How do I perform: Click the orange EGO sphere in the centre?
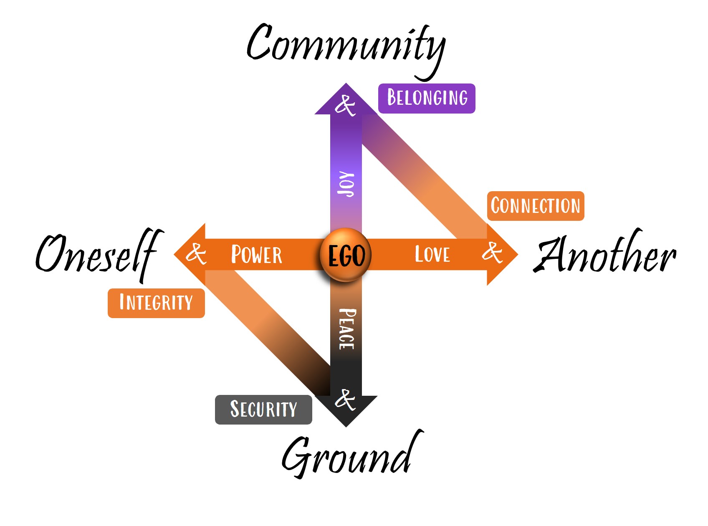(346, 255)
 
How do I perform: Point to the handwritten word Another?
(605, 255)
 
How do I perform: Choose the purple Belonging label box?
(427, 98)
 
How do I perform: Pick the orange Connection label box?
(535, 206)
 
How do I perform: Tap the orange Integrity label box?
(156, 303)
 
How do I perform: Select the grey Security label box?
(263, 409)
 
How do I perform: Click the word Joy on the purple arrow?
(346, 184)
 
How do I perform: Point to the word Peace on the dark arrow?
(347, 329)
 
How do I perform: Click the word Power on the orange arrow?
(257, 255)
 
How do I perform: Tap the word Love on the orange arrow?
(432, 255)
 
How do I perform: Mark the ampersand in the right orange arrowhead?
(493, 252)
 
